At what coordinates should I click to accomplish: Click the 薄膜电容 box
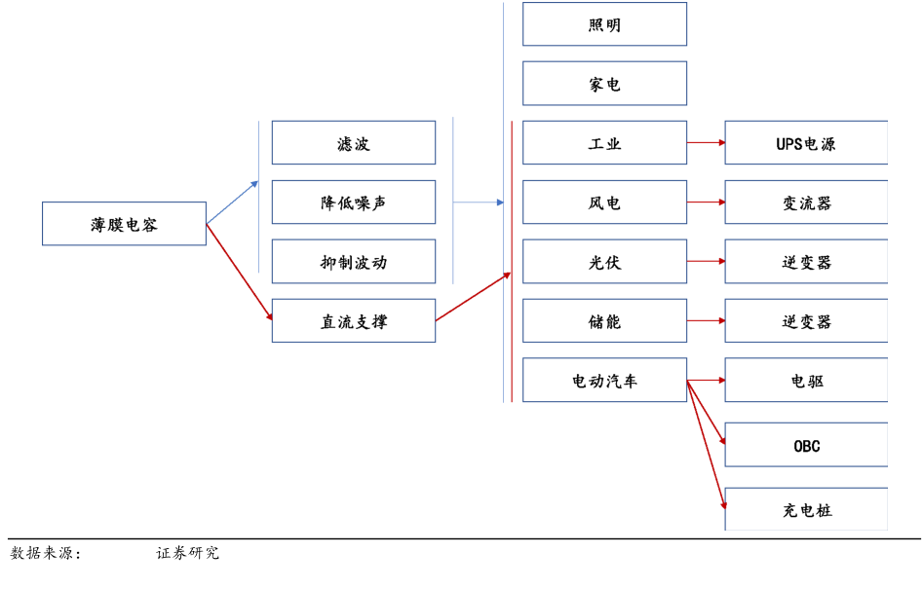124,224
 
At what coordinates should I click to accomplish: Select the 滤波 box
353,143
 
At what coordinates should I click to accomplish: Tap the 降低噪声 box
353,202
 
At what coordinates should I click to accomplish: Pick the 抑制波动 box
353,262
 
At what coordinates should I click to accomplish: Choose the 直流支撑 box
353,321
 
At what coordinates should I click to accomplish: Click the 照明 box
604,24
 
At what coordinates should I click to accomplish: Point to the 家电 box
604,84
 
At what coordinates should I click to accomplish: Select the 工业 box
604,143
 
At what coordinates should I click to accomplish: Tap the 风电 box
604,202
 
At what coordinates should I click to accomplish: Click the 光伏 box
604,262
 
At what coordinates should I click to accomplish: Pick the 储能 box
604,321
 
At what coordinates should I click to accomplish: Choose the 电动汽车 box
604,381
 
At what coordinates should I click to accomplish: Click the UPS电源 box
806,143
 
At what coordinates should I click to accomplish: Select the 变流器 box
806,202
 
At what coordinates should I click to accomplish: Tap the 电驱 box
806,381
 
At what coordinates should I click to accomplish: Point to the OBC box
806,446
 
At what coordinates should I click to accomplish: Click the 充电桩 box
806,510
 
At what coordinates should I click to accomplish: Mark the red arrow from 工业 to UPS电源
706,143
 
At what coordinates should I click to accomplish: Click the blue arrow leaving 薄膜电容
232,202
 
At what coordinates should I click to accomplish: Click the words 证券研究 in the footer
188,553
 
